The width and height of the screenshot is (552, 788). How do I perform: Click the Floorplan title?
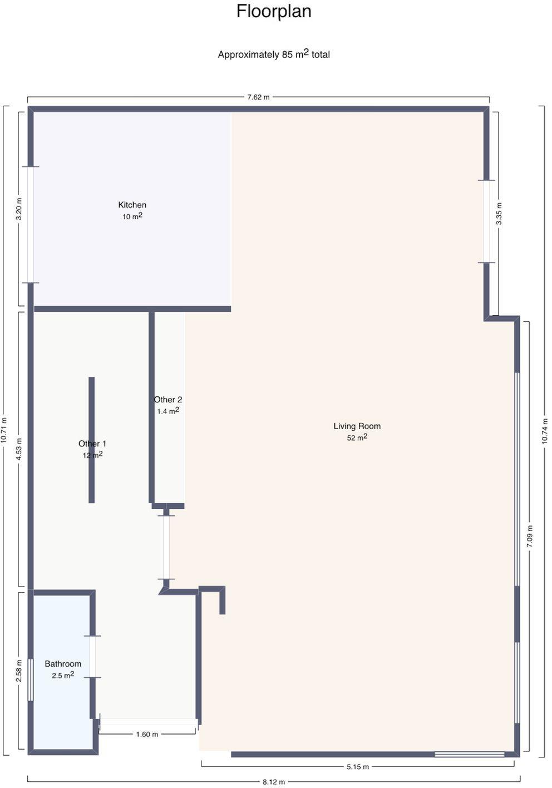click(x=274, y=11)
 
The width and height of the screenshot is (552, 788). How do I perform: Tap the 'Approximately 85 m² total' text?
click(x=274, y=54)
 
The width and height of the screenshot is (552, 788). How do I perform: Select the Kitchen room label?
click(x=132, y=205)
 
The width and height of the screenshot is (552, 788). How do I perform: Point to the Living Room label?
click(x=357, y=426)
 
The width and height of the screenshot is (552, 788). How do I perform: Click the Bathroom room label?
click(x=63, y=663)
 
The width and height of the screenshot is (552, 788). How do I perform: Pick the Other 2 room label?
click(x=168, y=399)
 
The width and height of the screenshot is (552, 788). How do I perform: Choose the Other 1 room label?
click(x=92, y=443)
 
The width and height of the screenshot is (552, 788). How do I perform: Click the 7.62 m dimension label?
click(x=258, y=97)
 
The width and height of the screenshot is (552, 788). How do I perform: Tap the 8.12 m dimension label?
click(x=274, y=782)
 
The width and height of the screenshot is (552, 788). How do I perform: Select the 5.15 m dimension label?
click(x=358, y=766)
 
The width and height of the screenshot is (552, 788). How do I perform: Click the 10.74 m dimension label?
click(x=545, y=431)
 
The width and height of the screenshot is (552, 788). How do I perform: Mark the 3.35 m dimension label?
click(x=499, y=214)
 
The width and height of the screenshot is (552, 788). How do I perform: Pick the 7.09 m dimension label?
click(x=530, y=536)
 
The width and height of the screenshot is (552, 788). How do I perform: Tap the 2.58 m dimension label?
click(x=19, y=670)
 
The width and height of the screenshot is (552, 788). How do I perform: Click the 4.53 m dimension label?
click(x=19, y=449)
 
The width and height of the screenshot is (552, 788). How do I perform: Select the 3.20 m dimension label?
click(x=19, y=209)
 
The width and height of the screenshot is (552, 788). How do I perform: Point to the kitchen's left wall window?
click(x=31, y=224)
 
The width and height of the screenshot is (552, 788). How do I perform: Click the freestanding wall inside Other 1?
click(x=91, y=440)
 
